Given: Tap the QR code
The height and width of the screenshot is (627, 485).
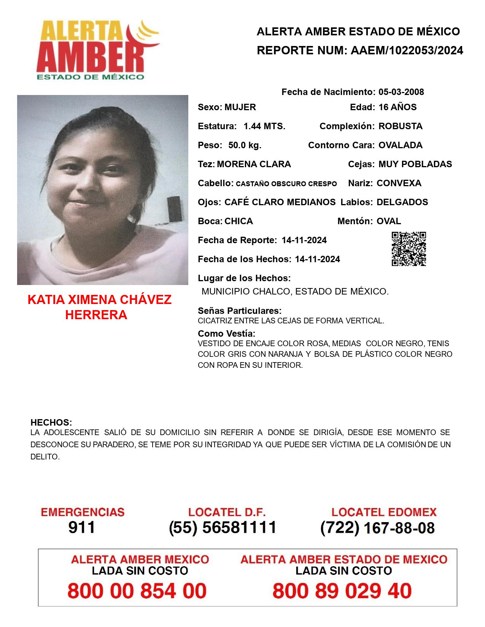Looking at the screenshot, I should point(409,249).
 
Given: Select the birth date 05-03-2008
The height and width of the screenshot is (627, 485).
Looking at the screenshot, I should point(401,92).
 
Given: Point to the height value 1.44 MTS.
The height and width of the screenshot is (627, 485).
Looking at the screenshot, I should point(264,126).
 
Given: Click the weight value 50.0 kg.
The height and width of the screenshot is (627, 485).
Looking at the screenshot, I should point(245,145).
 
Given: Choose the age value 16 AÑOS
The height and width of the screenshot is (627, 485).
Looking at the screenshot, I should point(398,107).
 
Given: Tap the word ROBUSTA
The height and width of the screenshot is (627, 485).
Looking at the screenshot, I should point(400,126).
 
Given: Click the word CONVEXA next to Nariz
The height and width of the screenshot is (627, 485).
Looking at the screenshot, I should point(399,183).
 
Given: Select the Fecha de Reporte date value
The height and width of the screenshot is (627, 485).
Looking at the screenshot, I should point(304,240).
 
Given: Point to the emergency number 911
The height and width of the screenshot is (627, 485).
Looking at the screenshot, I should point(82,527).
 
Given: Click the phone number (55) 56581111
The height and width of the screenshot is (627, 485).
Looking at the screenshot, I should point(223,527).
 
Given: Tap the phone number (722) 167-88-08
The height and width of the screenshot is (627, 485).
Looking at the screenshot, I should point(377,527).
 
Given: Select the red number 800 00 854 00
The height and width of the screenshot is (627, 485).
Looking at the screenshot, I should point(137,591).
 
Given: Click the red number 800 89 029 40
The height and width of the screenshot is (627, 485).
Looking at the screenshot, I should point(342,591).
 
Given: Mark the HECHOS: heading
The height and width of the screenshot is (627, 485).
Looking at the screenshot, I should point(51,423).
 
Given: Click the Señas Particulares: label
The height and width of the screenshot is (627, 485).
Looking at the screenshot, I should point(240,311).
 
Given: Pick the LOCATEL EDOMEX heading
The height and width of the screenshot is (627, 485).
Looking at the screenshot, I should point(384,512).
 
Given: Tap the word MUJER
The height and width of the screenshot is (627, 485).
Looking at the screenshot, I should point(240,107).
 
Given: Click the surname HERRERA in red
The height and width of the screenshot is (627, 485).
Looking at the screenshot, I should point(96,315).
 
